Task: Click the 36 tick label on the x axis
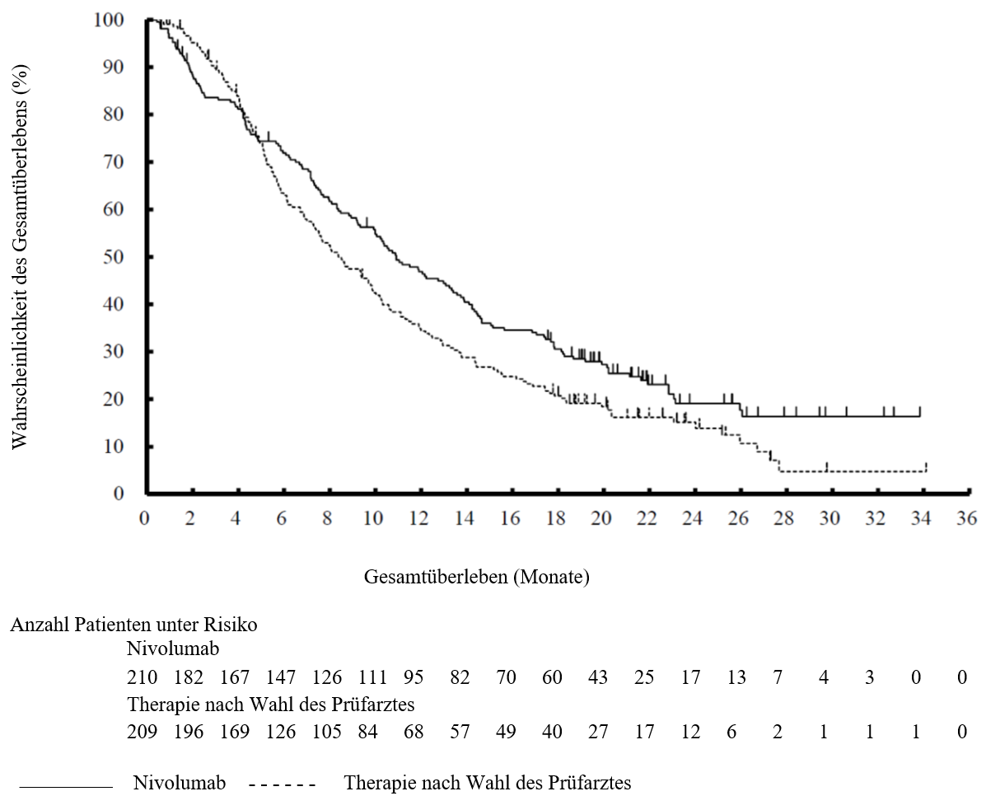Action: (967, 517)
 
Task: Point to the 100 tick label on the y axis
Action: (109, 20)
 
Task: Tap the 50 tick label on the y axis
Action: (114, 257)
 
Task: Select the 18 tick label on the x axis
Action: (556, 517)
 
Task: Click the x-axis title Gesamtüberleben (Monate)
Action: (477, 576)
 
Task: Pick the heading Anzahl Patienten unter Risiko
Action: (134, 625)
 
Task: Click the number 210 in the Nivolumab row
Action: (143, 677)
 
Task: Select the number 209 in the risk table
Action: (143, 731)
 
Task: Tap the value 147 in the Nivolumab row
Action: (280, 677)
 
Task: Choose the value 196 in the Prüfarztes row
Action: (189, 731)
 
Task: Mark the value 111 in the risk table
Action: (373, 677)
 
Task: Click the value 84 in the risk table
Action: (367, 731)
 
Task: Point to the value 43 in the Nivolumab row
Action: (598, 677)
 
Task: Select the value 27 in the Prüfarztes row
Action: (598, 731)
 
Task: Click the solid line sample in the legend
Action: (66, 786)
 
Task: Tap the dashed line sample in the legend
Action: (283, 785)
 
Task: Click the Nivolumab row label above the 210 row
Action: (173, 649)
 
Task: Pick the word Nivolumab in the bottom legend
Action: (180, 783)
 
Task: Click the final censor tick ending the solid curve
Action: (920, 411)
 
